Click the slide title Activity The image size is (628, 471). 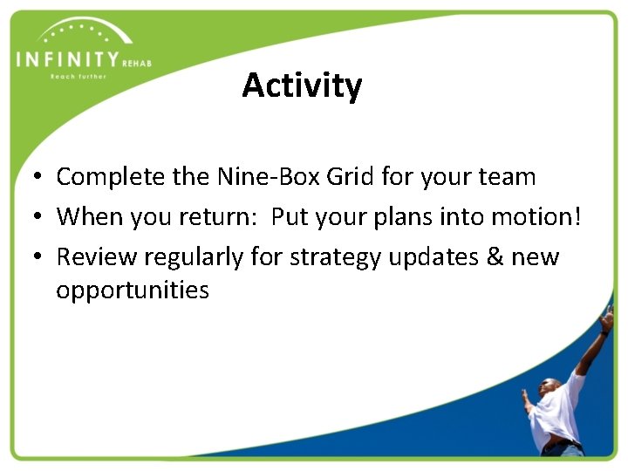point(302,86)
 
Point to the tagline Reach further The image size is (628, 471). point(78,77)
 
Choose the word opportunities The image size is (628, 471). point(133,290)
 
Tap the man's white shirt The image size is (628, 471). point(558,410)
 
